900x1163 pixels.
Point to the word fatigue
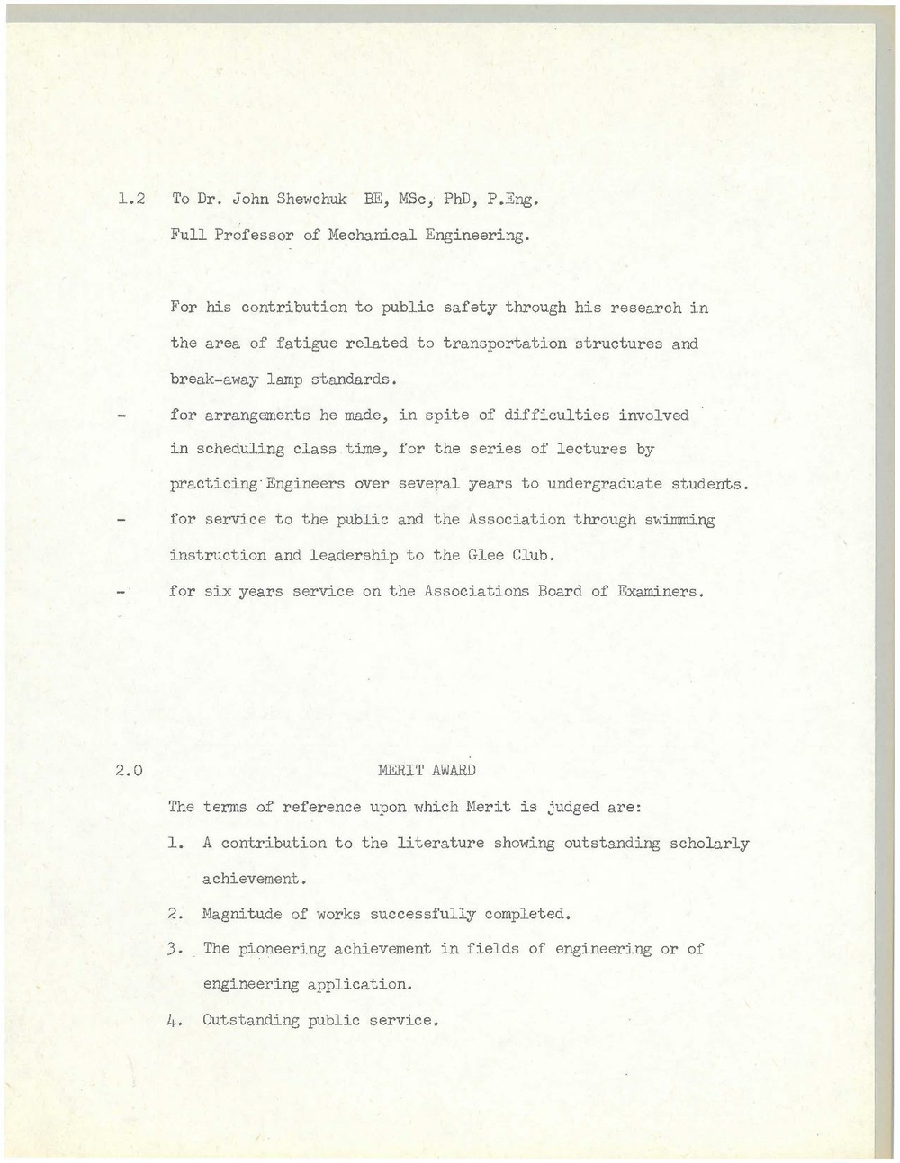[x=306, y=344]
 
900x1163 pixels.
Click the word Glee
[x=484, y=555]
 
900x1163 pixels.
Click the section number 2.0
[x=130, y=771]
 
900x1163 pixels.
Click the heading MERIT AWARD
[x=427, y=771]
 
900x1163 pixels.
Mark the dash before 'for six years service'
[x=121, y=592]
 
